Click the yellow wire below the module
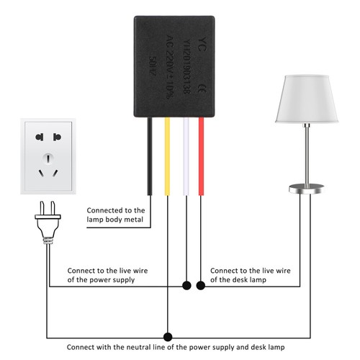click(168, 155)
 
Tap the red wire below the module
click(201, 155)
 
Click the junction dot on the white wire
click(187, 286)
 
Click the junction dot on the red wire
click(201, 286)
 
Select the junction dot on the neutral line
click(168, 336)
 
